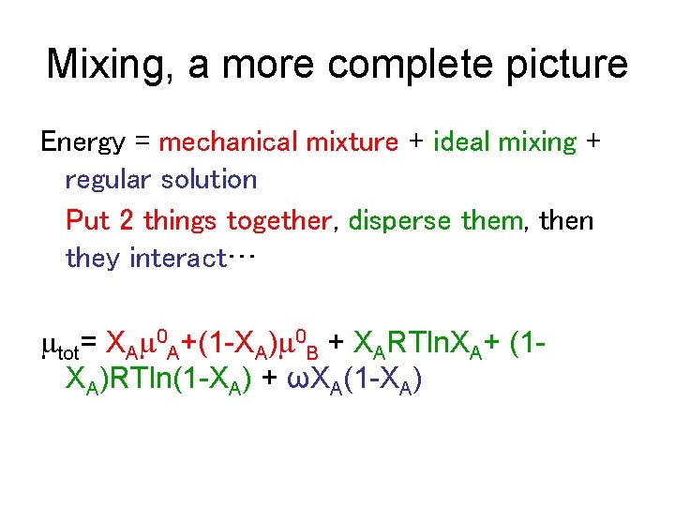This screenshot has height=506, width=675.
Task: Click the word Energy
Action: (82, 142)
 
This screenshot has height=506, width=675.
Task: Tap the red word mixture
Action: (350, 142)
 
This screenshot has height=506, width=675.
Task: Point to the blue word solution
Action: (208, 180)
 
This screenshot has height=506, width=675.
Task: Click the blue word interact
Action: (176, 259)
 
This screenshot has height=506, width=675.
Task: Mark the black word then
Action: (565, 221)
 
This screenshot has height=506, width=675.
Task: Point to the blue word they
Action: (94, 259)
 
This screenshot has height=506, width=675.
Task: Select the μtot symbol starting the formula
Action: (60, 349)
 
